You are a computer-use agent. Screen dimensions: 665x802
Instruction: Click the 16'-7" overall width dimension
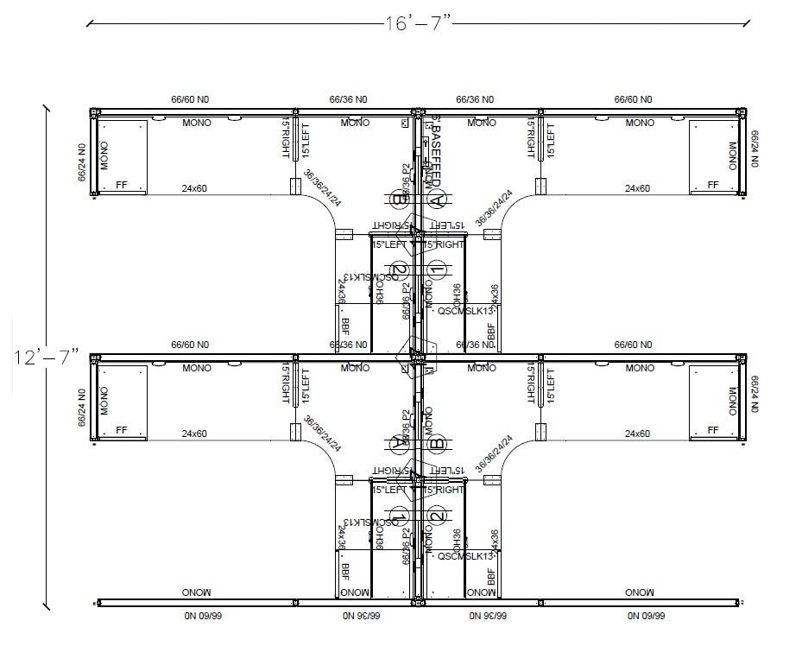418,23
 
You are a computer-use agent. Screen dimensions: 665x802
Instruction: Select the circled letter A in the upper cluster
437,200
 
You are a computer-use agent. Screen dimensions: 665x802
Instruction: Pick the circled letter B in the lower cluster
437,444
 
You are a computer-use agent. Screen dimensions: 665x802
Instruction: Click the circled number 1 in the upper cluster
437,270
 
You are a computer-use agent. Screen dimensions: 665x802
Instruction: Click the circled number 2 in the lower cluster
437,516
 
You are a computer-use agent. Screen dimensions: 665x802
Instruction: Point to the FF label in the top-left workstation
121,185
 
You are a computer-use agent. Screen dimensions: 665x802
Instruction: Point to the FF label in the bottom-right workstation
713,429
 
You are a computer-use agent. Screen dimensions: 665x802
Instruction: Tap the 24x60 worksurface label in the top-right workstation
638,188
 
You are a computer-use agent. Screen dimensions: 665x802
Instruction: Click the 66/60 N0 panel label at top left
189,100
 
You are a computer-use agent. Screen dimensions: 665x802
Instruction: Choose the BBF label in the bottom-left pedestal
345,572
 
